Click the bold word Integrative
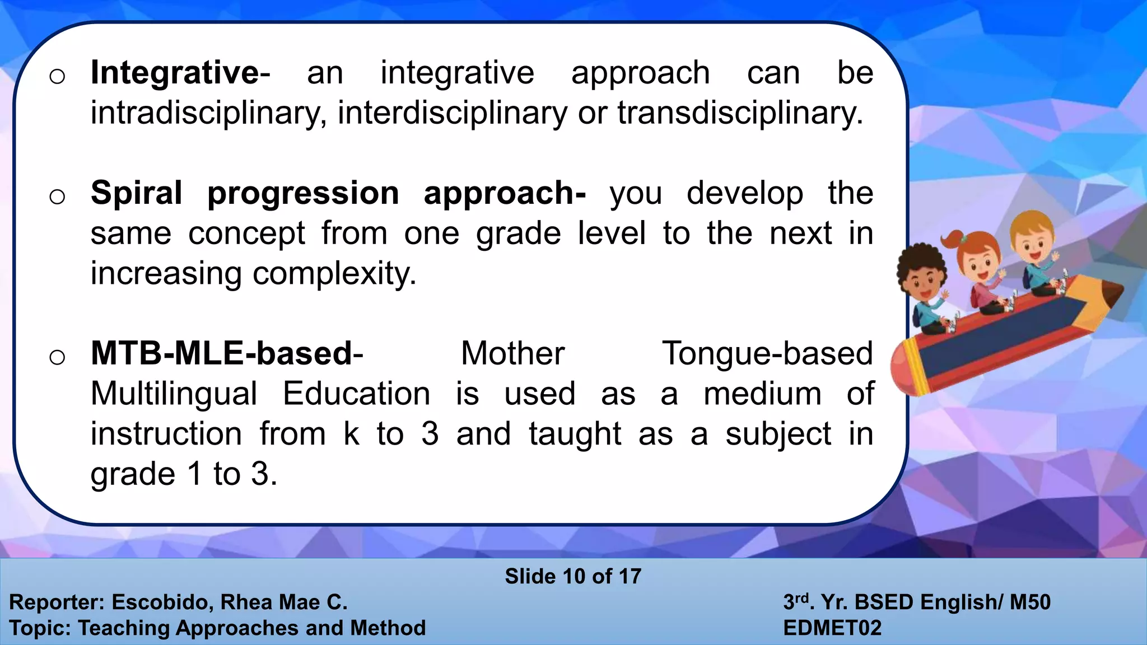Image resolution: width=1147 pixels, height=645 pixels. tap(175, 73)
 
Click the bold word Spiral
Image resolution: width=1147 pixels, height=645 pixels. tap(137, 194)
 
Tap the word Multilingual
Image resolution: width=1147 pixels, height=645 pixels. tap(174, 394)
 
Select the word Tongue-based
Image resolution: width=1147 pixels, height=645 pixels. tap(767, 354)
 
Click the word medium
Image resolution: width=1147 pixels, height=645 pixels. tap(762, 394)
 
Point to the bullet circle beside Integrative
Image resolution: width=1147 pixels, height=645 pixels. tap(57, 77)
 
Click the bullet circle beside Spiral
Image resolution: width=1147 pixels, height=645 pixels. tap(57, 197)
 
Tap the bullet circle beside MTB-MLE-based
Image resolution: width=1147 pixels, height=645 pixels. tap(57, 357)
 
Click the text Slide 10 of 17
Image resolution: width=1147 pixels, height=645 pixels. tap(573, 576)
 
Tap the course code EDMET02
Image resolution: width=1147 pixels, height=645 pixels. tap(832, 628)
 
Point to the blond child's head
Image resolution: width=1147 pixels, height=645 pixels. tap(1032, 235)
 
